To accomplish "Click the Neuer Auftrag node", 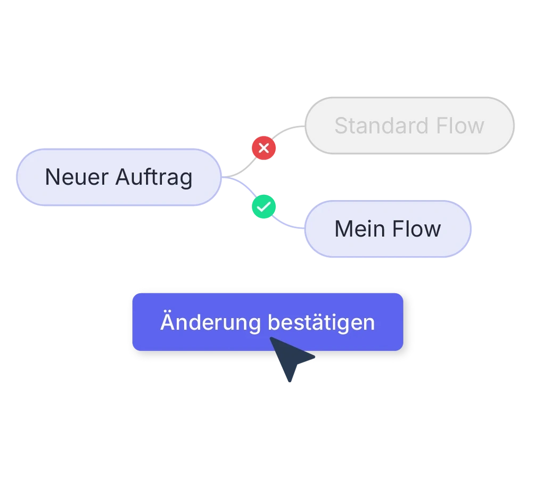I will tap(118, 177).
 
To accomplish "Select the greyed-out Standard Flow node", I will tap(409, 126).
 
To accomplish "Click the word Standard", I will tap(377, 126).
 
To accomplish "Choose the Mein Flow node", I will tap(387, 229).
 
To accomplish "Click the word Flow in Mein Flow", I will tap(417, 229).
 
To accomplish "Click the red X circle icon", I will tap(263, 148).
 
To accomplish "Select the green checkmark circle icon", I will tap(263, 207).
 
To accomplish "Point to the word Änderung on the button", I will tap(210, 322).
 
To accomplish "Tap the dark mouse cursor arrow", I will tap(290, 359).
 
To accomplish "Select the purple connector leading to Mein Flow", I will tap(287, 222).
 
